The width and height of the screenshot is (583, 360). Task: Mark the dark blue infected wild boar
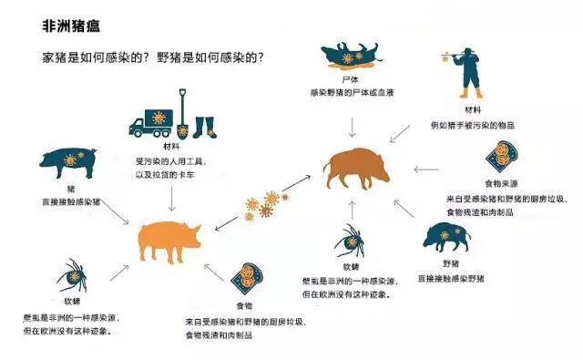pos(445,239)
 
